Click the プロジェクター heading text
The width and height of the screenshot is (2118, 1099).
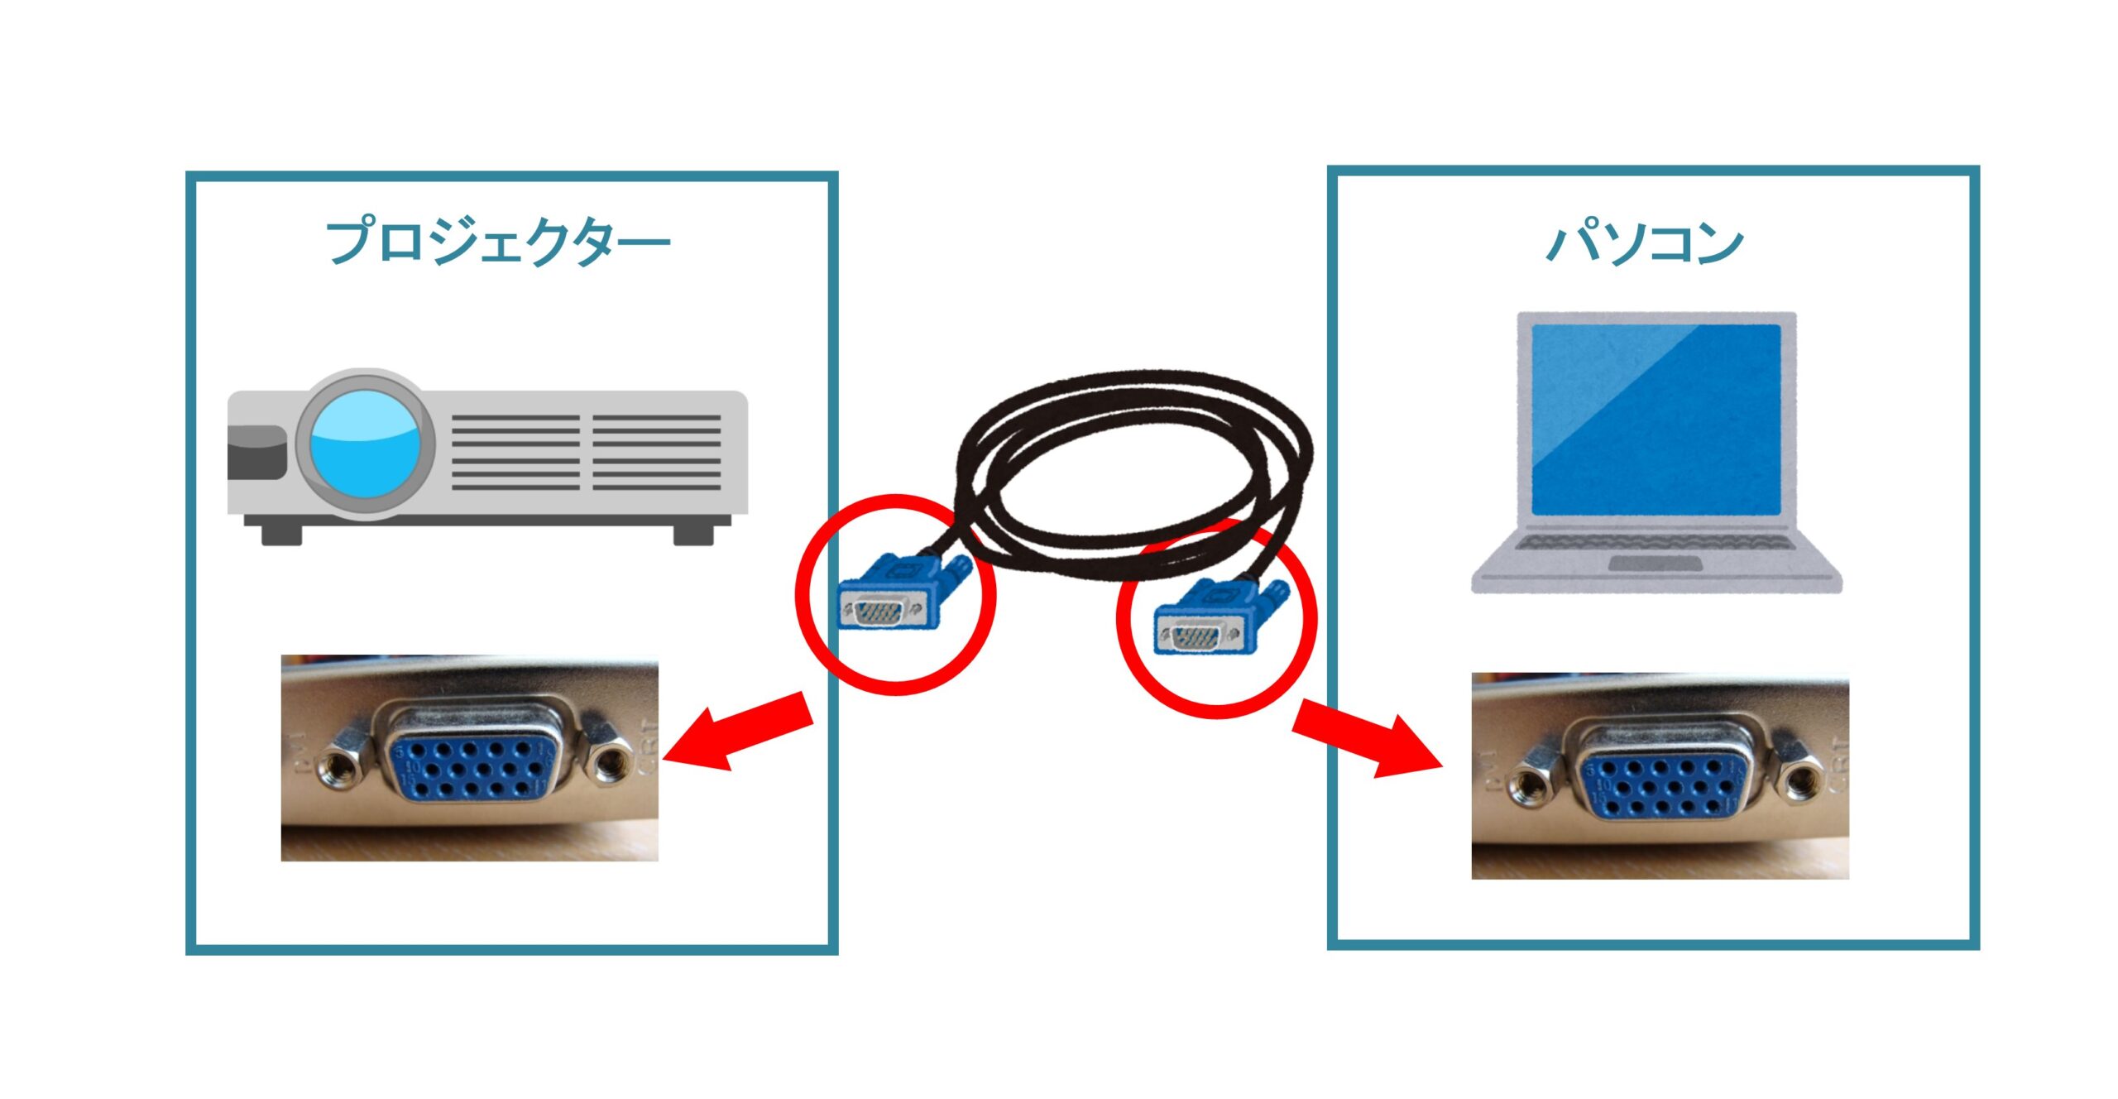[498, 242]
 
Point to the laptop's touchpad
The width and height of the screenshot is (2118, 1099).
[1655, 564]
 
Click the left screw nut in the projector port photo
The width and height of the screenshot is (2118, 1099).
[340, 765]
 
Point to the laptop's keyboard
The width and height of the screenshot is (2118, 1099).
[1655, 543]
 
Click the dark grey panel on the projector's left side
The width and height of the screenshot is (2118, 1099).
[256, 453]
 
